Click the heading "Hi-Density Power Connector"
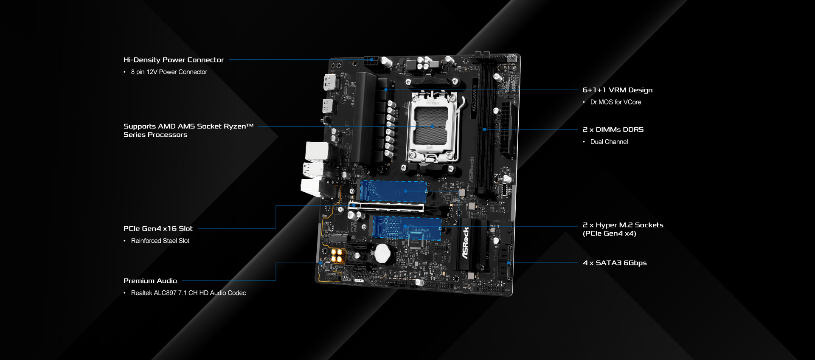(173, 60)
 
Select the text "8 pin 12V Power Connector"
(169, 72)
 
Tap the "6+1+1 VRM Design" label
(618, 90)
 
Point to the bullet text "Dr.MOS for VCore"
(615, 102)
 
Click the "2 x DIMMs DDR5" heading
(613, 129)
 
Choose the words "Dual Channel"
(609, 142)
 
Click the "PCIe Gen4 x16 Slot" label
(158, 228)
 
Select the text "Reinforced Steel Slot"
(160, 241)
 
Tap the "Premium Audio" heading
(150, 281)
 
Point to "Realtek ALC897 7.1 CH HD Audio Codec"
(188, 293)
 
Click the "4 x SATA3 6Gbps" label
(615, 263)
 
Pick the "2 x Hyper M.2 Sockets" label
(623, 225)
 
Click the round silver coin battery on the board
(383, 253)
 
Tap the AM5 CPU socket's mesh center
(431, 126)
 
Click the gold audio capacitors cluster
(337, 256)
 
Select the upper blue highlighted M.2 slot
(393, 191)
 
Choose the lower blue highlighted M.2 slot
(407, 228)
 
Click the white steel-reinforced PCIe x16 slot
(386, 207)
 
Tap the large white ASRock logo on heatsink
(466, 243)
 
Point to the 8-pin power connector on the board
(371, 60)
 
